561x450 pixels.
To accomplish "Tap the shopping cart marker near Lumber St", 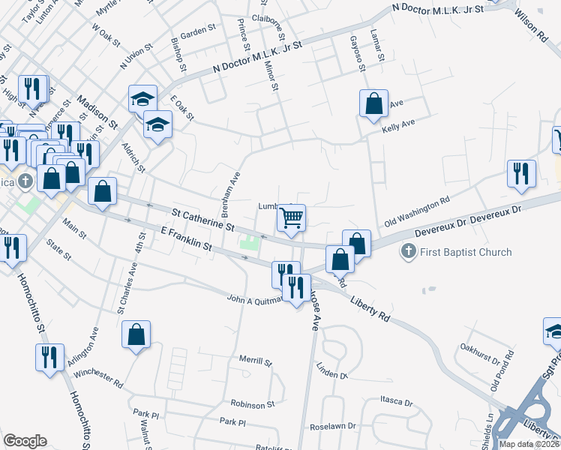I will [x=291, y=218].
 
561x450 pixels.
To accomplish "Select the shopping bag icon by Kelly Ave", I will [x=373, y=103].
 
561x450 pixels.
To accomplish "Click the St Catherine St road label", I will [x=203, y=220].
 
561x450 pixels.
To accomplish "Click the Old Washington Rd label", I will [x=416, y=212].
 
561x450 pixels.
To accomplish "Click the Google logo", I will [x=25, y=441].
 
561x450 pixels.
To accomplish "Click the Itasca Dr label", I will [x=397, y=403].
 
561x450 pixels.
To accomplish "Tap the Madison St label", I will [x=98, y=111].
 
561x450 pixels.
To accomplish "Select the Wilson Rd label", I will [x=532, y=27].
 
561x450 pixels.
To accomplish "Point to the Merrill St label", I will [x=255, y=361].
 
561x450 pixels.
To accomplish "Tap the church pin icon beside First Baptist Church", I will [x=409, y=251].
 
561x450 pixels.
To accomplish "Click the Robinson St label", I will [x=253, y=403].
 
